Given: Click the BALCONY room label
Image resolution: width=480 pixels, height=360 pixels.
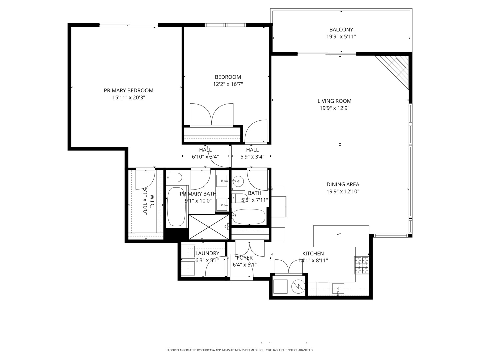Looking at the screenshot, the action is point(341,30).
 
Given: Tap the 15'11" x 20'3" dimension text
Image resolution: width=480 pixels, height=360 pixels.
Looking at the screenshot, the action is point(129,97).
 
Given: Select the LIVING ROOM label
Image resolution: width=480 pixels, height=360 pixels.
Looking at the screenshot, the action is point(334,101).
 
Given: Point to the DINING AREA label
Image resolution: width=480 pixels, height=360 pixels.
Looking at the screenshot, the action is point(343,184).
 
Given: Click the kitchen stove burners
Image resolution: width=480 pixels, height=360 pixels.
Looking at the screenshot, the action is point(361,265).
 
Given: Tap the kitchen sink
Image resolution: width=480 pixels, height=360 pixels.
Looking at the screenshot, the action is point(338,289).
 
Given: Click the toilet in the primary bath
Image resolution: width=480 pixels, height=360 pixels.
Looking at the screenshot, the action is point(174,177).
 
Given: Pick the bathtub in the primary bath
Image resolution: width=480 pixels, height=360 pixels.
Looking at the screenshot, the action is point(176,207).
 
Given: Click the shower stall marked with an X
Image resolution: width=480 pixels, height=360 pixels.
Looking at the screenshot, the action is point(209,227).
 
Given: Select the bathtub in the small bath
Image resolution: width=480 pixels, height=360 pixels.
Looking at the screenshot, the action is point(249,217).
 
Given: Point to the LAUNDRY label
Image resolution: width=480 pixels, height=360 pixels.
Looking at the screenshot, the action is point(207,253).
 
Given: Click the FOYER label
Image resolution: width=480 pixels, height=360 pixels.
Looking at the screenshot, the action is point(245,258).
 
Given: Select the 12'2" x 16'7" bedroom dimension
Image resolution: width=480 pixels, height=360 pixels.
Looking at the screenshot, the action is point(228,84).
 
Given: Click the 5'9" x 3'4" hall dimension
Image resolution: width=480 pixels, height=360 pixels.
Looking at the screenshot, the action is point(252,157).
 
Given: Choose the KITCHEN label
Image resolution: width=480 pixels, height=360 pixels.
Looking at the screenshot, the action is point(313,254).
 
